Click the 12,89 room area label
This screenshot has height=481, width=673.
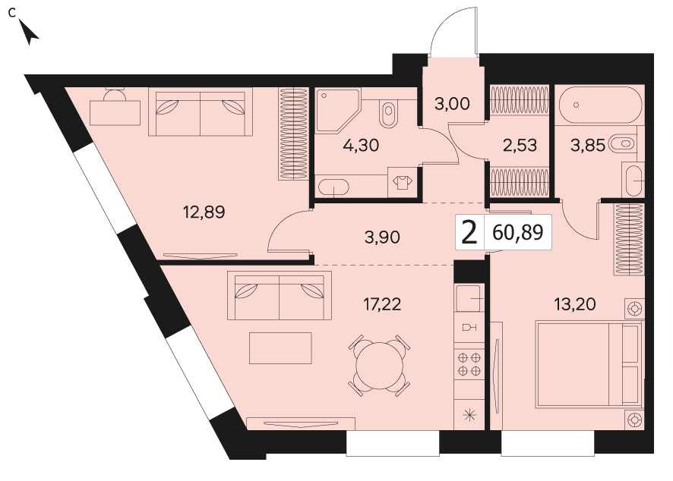click(x=204, y=212)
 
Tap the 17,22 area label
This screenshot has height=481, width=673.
click(x=382, y=304)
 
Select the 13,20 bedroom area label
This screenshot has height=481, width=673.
click(x=575, y=304)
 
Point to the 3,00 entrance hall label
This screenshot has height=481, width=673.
click(x=452, y=103)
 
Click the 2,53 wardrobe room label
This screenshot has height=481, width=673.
click(x=520, y=146)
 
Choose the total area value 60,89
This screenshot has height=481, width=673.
click(x=518, y=232)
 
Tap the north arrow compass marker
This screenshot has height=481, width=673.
click(x=29, y=33)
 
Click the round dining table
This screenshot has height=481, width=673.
click(x=380, y=365)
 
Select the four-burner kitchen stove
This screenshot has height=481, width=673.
click(x=469, y=364)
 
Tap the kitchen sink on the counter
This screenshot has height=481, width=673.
click(x=469, y=298)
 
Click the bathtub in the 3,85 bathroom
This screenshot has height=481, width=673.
click(x=599, y=105)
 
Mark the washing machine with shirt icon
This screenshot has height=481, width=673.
click(x=403, y=183)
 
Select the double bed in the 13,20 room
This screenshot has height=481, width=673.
click(x=589, y=364)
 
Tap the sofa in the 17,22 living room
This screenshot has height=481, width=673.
click(x=280, y=295)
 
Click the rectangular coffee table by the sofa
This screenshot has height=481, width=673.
click(x=281, y=348)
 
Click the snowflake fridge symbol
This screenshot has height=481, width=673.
click(x=469, y=414)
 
